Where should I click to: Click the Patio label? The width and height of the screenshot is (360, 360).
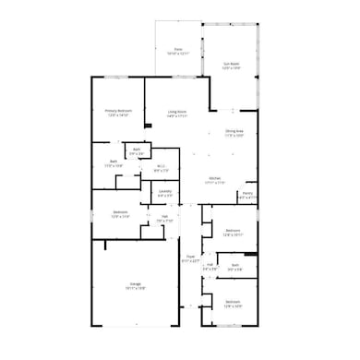[x=178, y=49]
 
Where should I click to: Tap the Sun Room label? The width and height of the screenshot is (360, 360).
[x=231, y=63]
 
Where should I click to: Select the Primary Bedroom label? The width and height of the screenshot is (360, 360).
[x=118, y=111]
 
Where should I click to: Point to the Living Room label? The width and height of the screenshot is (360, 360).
[x=177, y=112]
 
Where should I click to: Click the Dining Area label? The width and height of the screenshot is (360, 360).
[x=234, y=131]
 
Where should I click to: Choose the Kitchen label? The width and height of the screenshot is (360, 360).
[x=214, y=178]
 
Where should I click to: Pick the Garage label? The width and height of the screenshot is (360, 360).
[x=136, y=284]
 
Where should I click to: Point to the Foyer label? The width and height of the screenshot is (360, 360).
[x=191, y=257]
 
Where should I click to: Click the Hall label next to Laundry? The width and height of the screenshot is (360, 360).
[x=164, y=217]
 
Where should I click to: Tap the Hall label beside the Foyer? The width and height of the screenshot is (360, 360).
[x=210, y=266]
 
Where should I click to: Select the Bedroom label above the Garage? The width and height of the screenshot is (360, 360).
[x=120, y=212]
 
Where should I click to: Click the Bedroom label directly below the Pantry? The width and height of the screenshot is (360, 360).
[x=233, y=230]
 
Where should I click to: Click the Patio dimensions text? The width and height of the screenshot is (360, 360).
[x=178, y=54]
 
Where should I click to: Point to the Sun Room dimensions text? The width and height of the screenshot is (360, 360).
[x=231, y=67]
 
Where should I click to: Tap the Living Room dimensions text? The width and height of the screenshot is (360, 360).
[x=177, y=116]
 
